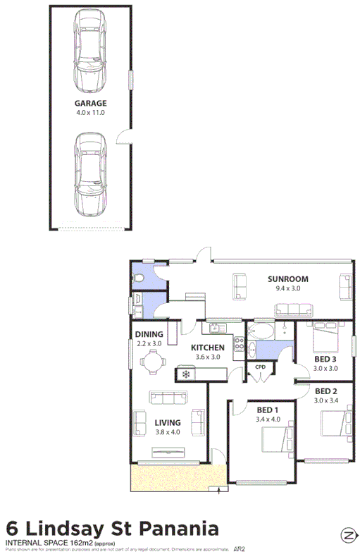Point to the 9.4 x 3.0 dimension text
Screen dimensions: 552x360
point(287,288)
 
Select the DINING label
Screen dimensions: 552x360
point(149,334)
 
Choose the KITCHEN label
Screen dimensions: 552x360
point(208,348)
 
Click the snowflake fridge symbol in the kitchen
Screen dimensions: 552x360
point(186,374)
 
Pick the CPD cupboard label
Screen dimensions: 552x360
point(260,367)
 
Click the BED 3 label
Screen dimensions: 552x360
point(325,359)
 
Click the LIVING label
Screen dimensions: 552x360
point(168,422)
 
